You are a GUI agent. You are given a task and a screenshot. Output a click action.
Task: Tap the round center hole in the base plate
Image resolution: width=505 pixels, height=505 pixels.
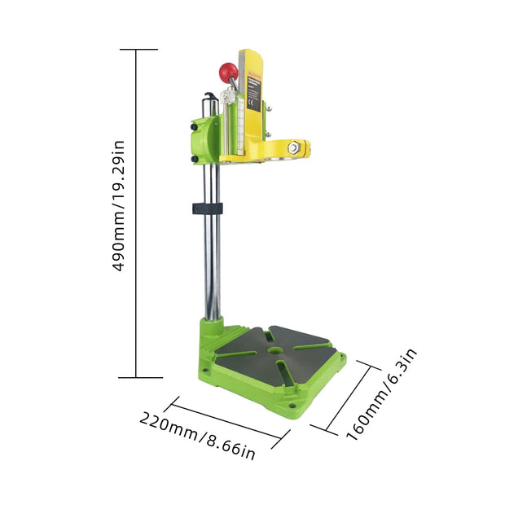click(x=278, y=351)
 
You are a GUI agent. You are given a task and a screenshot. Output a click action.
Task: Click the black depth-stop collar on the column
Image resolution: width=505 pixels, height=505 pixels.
click(x=205, y=209)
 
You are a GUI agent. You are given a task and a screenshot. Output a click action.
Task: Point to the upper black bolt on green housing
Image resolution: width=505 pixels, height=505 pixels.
click(x=195, y=126)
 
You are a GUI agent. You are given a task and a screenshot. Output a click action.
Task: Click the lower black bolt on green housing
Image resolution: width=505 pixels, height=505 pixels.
click(x=195, y=159)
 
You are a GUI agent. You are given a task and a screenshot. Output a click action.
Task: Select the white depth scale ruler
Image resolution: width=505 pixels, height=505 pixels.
click(x=241, y=122)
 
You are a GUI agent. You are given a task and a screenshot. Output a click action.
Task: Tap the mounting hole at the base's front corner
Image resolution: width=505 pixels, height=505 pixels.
click(x=289, y=405)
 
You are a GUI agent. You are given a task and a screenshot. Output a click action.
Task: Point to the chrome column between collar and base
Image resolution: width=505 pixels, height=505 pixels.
click(x=211, y=269)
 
